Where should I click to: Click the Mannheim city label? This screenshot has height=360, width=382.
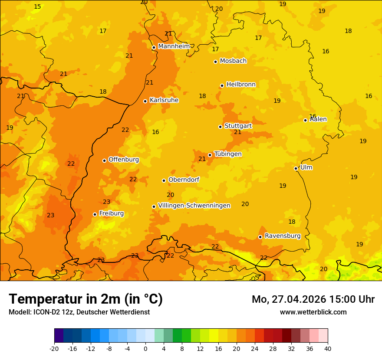[174, 46]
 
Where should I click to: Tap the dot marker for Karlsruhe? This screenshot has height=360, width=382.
[145, 101]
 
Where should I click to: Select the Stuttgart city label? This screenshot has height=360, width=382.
[238, 126]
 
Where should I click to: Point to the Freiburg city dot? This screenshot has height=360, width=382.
[95, 214]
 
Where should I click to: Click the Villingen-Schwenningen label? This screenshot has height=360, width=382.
[194, 206]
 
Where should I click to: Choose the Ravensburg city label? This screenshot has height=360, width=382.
[283, 236]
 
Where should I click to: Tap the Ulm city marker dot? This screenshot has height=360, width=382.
[296, 168]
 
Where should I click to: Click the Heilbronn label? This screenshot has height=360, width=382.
[241, 85]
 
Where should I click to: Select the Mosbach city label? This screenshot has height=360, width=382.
[233, 61]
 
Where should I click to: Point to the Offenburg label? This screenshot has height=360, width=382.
[124, 160]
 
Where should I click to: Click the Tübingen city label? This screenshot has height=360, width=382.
[228, 154]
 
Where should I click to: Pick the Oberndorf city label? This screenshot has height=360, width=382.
[184, 180]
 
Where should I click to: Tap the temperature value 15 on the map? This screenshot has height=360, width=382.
[38, 7]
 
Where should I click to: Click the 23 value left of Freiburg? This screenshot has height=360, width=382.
[51, 216]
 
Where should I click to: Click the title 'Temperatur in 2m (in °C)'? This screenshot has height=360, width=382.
[86, 299]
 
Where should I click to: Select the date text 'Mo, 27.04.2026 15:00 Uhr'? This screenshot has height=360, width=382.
[313, 299]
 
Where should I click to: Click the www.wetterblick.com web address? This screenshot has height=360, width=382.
[313, 312]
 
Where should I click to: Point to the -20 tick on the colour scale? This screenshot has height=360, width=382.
[54, 348]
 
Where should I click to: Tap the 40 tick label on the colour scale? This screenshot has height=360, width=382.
[328, 348]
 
